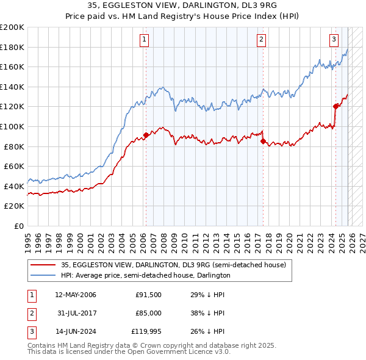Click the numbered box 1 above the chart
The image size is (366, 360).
[145, 40]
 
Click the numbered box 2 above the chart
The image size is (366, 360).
[261, 40]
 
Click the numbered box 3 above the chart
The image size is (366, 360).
[334, 40]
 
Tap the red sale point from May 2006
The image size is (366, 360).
[146, 135]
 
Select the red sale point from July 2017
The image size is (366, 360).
[263, 142]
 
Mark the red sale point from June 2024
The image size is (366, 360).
[335, 106]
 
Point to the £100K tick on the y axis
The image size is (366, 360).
[12, 126]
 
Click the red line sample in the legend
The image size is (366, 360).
[43, 265]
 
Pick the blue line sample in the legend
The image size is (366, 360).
[43, 275]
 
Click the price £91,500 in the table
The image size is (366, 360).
[149, 295]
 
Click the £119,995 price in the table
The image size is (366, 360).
[146, 332]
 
